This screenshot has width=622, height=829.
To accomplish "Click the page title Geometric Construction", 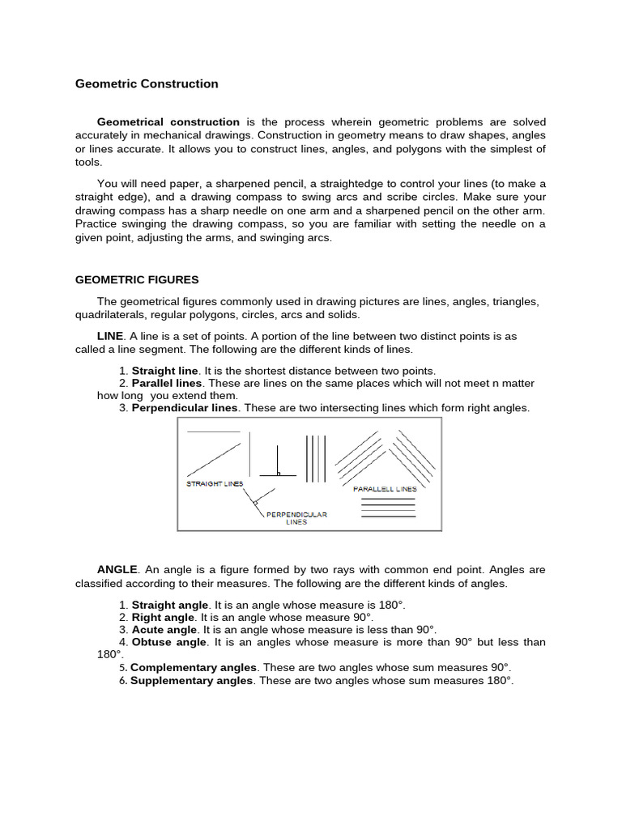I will [147, 83].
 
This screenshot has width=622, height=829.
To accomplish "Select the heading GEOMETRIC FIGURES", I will [137, 279].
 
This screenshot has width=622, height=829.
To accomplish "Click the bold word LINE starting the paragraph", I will [110, 336].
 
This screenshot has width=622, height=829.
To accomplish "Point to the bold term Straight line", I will [165, 370].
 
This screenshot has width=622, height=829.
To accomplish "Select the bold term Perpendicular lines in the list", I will [185, 408].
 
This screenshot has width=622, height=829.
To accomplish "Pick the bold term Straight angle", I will [170, 605].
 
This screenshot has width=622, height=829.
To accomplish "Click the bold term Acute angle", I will [164, 629].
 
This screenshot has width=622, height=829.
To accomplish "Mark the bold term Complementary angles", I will [194, 667].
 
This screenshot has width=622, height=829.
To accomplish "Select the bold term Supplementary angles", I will [192, 681].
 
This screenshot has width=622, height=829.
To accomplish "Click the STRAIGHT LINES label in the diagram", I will [215, 483].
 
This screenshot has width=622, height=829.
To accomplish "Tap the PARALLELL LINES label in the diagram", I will [385, 489].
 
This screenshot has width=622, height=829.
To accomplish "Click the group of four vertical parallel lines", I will [316, 459].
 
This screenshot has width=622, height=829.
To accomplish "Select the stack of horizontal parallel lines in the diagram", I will [388, 507].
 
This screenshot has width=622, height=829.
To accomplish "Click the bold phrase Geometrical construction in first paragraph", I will [168, 122].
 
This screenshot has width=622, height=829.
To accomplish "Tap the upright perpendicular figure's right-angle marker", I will [279, 474].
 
